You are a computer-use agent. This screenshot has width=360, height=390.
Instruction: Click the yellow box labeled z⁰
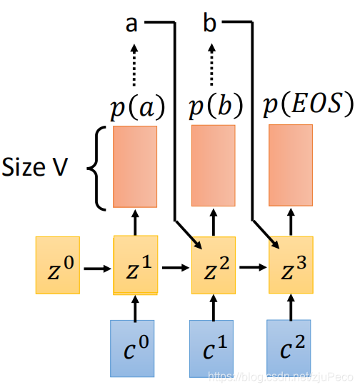click(58, 266)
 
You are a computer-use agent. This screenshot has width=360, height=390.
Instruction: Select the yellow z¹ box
click(136, 265)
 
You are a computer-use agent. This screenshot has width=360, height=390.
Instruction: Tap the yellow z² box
click(213, 265)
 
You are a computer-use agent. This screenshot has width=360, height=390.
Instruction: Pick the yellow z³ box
click(291, 265)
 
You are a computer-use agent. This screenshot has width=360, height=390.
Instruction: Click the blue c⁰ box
click(134, 348)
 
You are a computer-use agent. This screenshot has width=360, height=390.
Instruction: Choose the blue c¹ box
click(212, 348)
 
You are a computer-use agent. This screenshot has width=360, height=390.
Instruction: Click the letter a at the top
click(131, 24)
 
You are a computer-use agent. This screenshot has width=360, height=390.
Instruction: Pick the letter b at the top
click(209, 24)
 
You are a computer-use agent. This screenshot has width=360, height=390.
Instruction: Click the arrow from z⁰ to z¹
click(97, 269)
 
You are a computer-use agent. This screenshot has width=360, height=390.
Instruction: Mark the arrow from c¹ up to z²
click(213, 307)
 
